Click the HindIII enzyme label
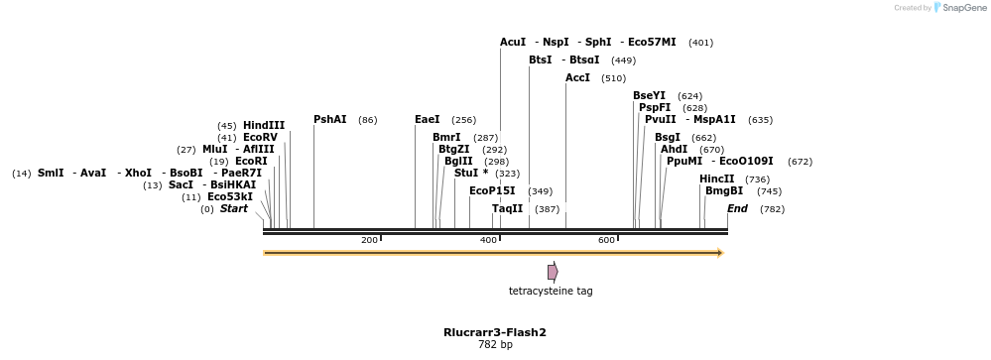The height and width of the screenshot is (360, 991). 264,126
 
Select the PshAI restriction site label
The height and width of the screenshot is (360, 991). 330,120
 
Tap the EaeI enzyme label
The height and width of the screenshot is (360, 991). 428,120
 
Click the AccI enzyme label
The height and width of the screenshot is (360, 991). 578,78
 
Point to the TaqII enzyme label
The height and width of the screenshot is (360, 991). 508,209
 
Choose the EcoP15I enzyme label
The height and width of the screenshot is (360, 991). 492,190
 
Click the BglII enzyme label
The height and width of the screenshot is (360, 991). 458,162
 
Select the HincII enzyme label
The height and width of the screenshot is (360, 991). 717,180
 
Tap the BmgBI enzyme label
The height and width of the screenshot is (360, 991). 724,191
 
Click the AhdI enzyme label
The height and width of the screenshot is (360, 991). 675,150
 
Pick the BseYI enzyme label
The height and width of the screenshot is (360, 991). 650,96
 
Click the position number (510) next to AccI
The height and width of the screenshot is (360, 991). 614,78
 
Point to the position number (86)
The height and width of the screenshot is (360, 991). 368,120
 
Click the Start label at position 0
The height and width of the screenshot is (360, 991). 234,209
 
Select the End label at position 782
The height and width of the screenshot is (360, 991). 737,209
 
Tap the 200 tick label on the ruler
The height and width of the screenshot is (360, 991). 369,241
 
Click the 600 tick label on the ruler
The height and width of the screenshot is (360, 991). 606,241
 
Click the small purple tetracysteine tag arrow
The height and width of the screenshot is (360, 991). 553,272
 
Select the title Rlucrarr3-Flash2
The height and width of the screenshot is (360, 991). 495,332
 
